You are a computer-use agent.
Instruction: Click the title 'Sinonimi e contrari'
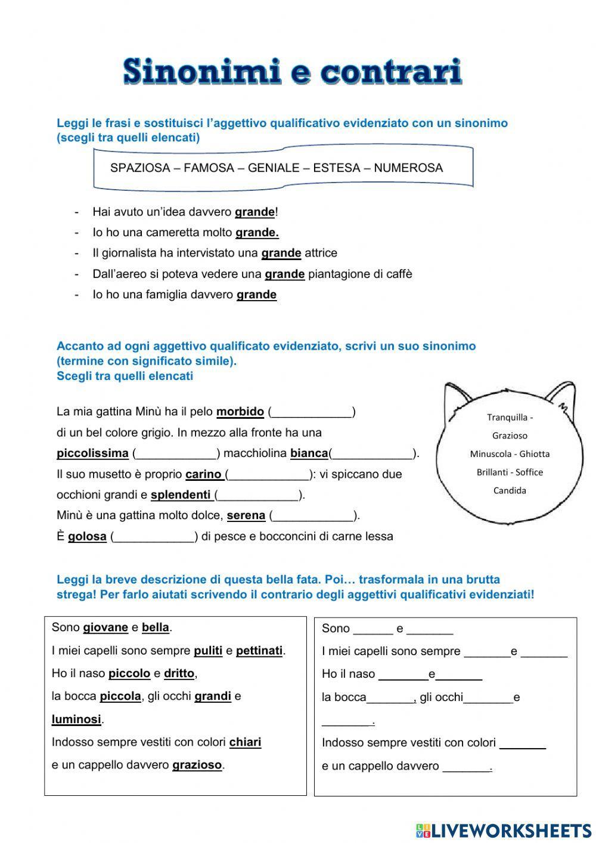coord(293,72)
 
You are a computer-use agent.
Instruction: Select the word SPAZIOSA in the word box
coord(140,168)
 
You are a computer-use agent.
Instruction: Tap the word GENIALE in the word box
coord(274,168)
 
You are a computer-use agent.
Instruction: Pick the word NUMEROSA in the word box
coord(408,168)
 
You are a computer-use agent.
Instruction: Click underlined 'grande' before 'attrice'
coord(281,253)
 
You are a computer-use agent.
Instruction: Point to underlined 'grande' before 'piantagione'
coord(284,274)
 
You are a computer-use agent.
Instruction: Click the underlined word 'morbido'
coord(240,412)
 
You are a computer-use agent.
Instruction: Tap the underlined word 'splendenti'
coord(181,495)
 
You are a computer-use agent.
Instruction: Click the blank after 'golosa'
coord(154,536)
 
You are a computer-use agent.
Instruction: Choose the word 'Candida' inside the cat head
coord(510,490)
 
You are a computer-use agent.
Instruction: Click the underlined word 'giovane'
coord(105,628)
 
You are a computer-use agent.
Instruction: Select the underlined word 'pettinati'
coord(259,650)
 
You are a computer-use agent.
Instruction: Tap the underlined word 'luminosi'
coord(76,720)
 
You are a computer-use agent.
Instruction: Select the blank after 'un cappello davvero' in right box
coord(467,767)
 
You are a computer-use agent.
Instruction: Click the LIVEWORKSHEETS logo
coord(504,830)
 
